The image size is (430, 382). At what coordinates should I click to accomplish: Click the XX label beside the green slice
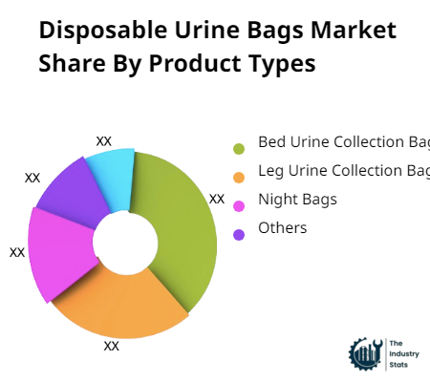point(217,199)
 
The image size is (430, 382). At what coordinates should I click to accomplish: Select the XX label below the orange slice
point(112,346)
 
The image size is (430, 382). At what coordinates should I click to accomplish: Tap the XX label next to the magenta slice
point(17,252)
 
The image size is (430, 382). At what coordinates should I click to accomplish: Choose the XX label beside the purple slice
point(32,177)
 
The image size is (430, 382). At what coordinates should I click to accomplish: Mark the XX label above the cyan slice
point(104,140)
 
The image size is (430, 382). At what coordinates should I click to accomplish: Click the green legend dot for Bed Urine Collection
point(238,148)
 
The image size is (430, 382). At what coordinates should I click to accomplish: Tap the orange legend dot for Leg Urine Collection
point(238,177)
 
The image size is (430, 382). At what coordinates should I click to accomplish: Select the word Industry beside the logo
point(406,352)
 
